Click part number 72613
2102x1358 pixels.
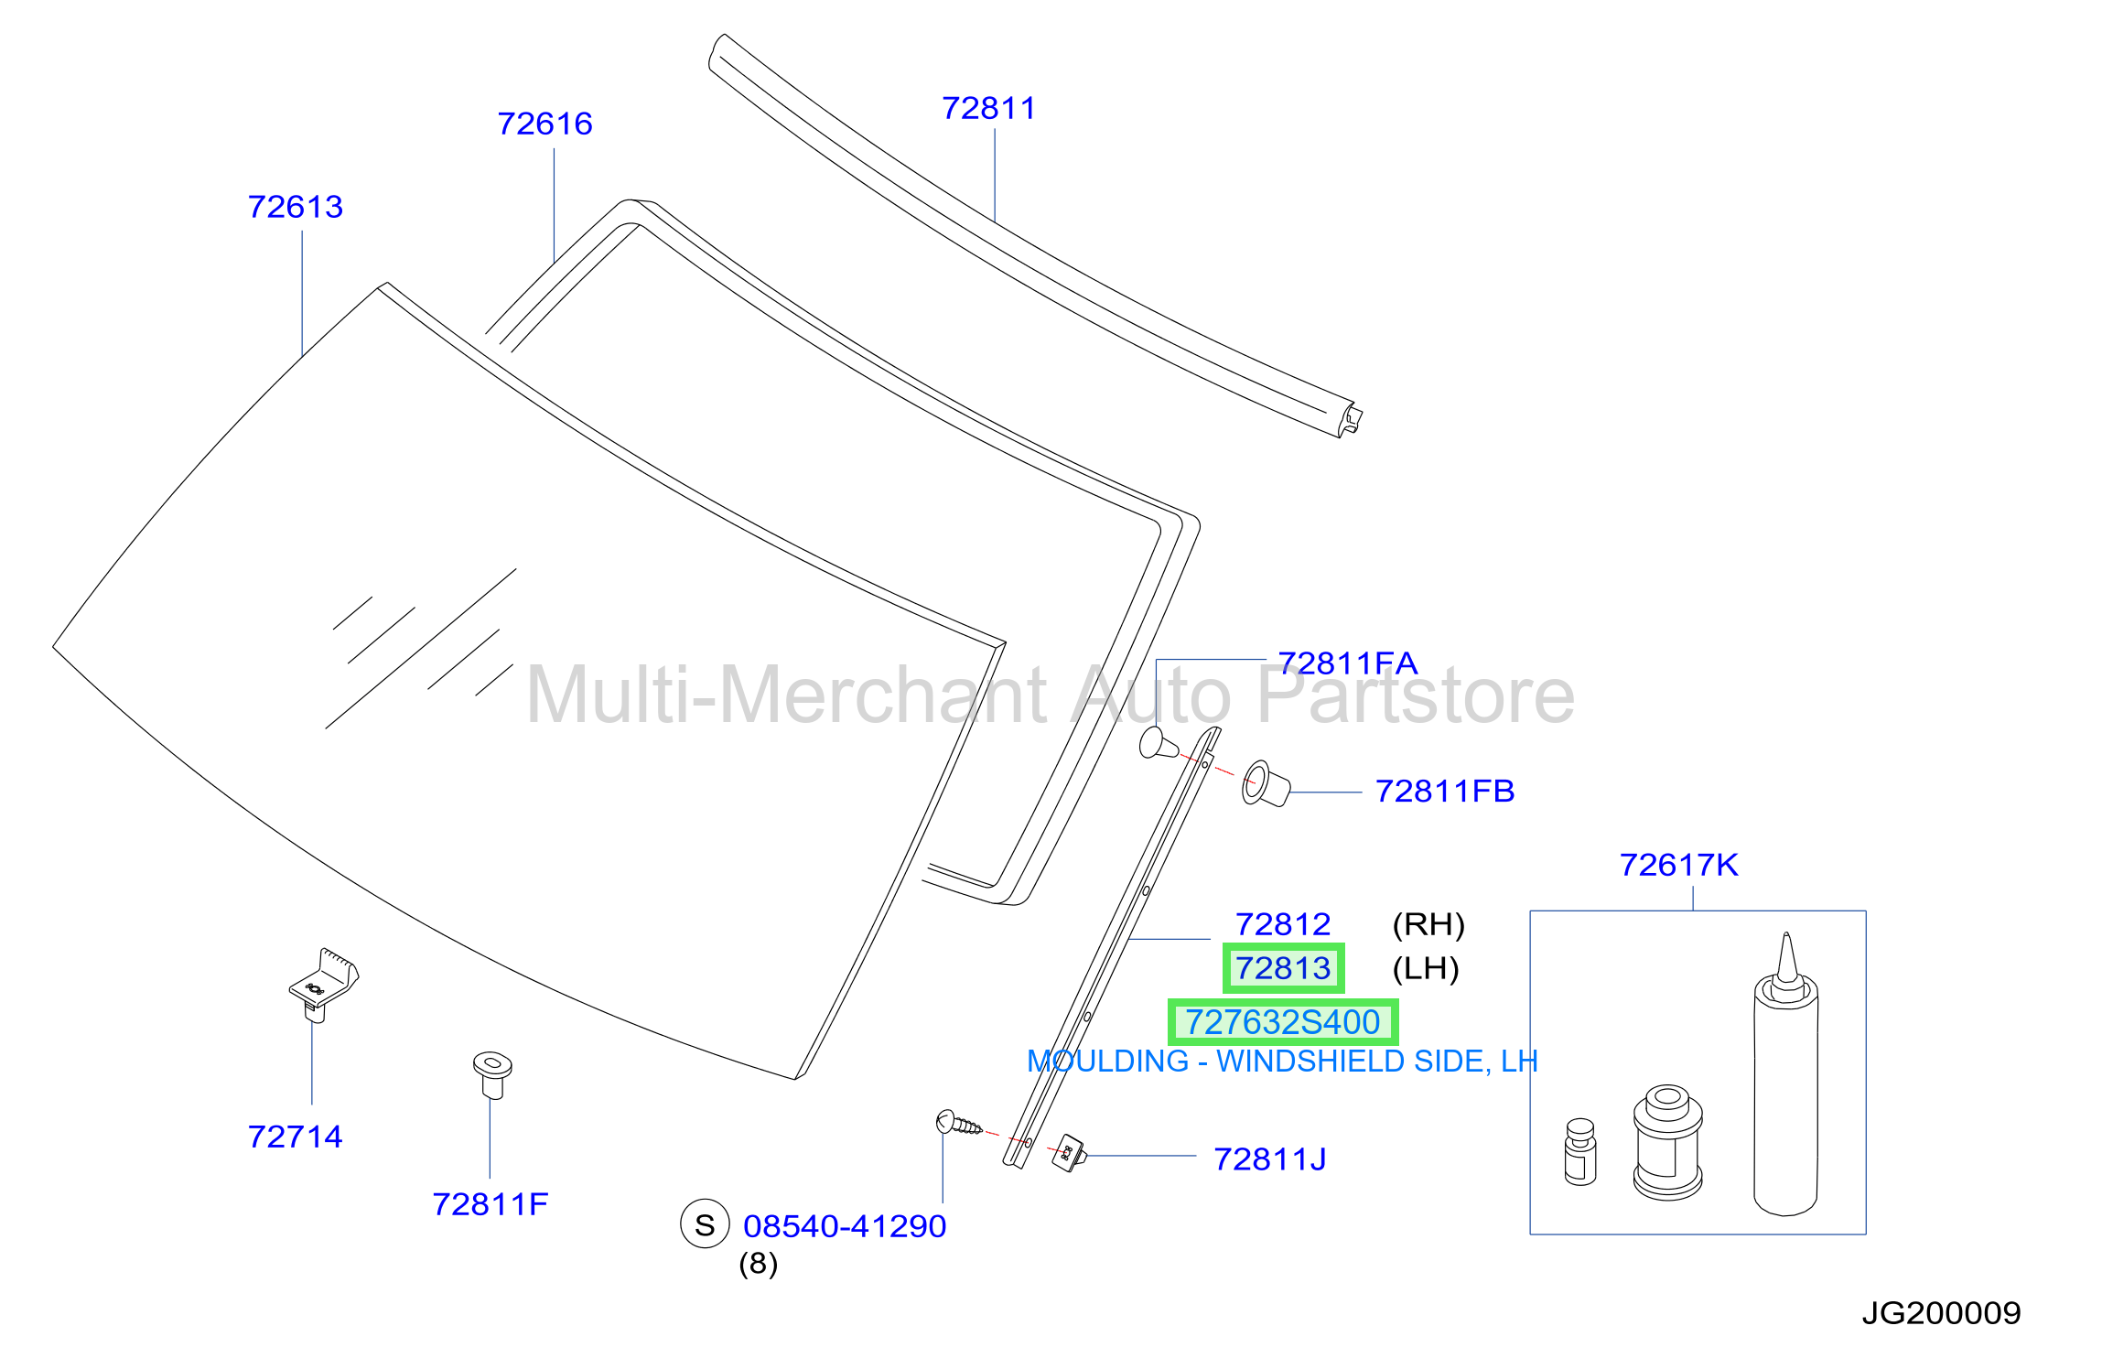tap(296, 207)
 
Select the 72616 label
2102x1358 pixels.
tap(544, 124)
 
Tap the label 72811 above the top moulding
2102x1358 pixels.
tap(989, 108)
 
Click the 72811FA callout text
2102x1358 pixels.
tap(1347, 663)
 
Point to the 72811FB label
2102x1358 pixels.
tap(1445, 791)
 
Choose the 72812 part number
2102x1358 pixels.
tap(1283, 924)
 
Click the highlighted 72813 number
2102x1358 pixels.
tap(1283, 968)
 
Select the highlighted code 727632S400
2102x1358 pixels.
tap(1283, 1022)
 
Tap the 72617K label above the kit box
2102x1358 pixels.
tap(1678, 865)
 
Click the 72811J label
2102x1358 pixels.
tap(1269, 1159)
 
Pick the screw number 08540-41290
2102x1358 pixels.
tap(845, 1226)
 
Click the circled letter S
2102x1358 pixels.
tap(705, 1224)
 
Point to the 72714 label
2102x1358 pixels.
tap(296, 1137)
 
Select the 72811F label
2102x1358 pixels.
tap(490, 1204)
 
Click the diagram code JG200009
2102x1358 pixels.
tap(1941, 1313)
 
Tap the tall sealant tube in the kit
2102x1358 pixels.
tap(1785, 1080)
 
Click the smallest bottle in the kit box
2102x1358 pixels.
tap(1580, 1152)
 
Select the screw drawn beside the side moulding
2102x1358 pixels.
tap(958, 1123)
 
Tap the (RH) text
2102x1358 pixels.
tap(1428, 924)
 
